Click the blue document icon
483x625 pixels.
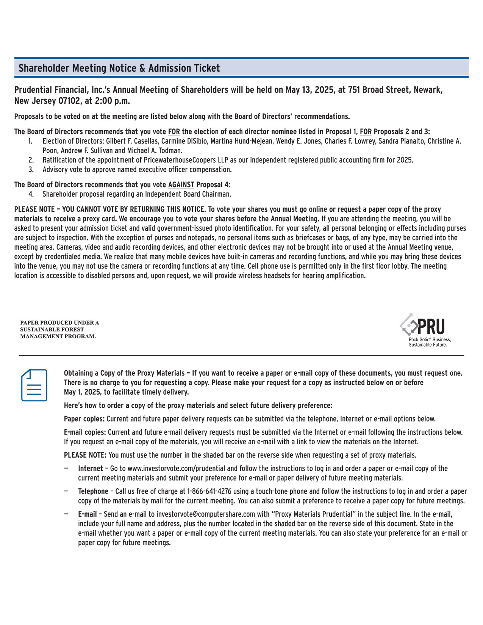coord(34,385)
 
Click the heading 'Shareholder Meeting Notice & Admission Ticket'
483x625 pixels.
coord(119,68)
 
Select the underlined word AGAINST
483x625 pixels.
coord(181,185)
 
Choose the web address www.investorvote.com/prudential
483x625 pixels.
coord(177,469)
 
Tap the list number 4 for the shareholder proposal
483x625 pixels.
coord(31,194)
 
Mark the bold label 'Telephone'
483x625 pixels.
coord(93,491)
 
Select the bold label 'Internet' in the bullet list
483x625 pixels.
coord(91,469)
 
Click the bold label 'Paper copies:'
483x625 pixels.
coord(84,419)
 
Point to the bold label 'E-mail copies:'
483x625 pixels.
coord(85,432)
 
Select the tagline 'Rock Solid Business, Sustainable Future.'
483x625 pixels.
coord(430,342)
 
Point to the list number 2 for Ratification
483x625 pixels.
coord(31,160)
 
